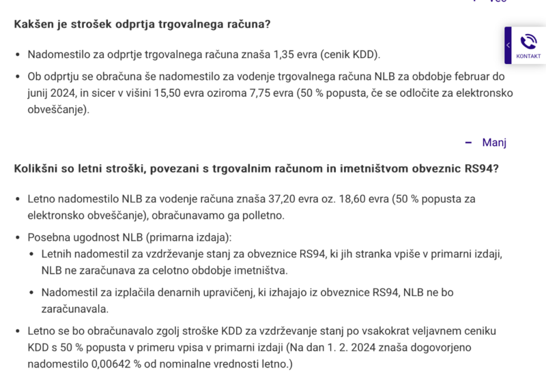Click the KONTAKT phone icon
528,42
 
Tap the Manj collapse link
494,142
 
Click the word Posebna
49,237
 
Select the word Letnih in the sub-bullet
58,254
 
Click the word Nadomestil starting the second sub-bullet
72,292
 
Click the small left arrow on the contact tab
508,45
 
